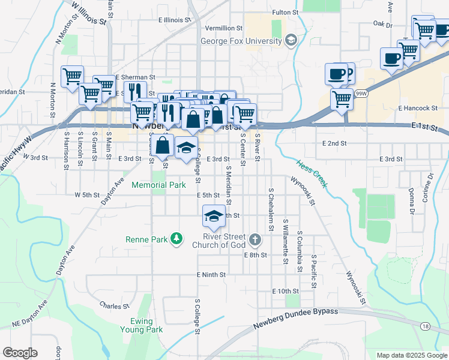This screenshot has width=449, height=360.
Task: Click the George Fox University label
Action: [x=241, y=41]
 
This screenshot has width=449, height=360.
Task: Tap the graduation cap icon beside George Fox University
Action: [x=291, y=41]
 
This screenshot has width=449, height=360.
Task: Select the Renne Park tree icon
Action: [x=176, y=239]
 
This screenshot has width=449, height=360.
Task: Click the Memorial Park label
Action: [x=158, y=185]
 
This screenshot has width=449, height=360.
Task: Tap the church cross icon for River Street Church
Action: [x=255, y=241]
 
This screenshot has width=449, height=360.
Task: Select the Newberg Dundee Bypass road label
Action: [x=295, y=319]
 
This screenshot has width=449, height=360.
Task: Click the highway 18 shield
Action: [x=426, y=325]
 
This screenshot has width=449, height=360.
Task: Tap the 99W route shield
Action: [x=361, y=94]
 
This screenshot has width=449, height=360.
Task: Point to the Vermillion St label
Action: [x=223, y=28]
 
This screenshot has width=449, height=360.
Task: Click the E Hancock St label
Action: [x=417, y=108]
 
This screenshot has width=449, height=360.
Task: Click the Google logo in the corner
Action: [x=20, y=353]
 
